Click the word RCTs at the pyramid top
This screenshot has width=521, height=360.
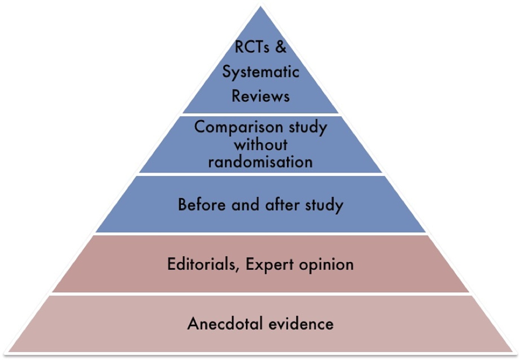(252, 47)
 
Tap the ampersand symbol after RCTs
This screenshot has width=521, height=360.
(281, 47)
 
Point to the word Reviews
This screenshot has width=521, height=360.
(261, 96)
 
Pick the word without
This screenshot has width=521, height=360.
(261, 144)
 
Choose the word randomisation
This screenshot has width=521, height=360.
(260, 162)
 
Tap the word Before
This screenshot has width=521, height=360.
(202, 204)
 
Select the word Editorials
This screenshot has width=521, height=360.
(201, 264)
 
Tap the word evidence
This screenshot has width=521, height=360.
(301, 324)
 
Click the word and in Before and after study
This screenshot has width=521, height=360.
(245, 204)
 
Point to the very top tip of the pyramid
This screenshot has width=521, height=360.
(260, 6)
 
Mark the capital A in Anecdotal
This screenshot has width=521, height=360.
(194, 324)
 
